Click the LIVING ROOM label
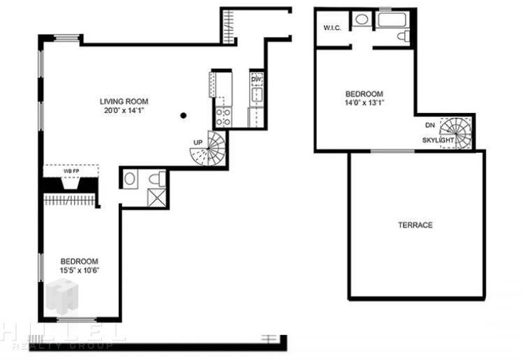[x=124, y=101]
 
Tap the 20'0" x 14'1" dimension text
[x=124, y=110]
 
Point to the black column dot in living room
[x=183, y=116]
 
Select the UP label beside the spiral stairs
[x=198, y=142]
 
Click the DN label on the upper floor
[x=430, y=126]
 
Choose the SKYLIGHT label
[x=438, y=140]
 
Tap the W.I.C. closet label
[x=332, y=28]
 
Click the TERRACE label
[x=415, y=225]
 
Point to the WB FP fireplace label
[x=71, y=172]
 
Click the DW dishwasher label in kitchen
[x=257, y=80]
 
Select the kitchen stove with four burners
[x=223, y=117]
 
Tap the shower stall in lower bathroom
[x=156, y=197]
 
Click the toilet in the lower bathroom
[x=157, y=179]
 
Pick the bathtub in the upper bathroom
[x=392, y=20]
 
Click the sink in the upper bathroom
[x=362, y=19]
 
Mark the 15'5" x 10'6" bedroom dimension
[x=80, y=270]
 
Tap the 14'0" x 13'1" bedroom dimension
[x=364, y=103]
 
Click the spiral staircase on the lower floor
[x=208, y=148]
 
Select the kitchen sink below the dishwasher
[x=257, y=95]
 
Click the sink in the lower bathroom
[x=130, y=179]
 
